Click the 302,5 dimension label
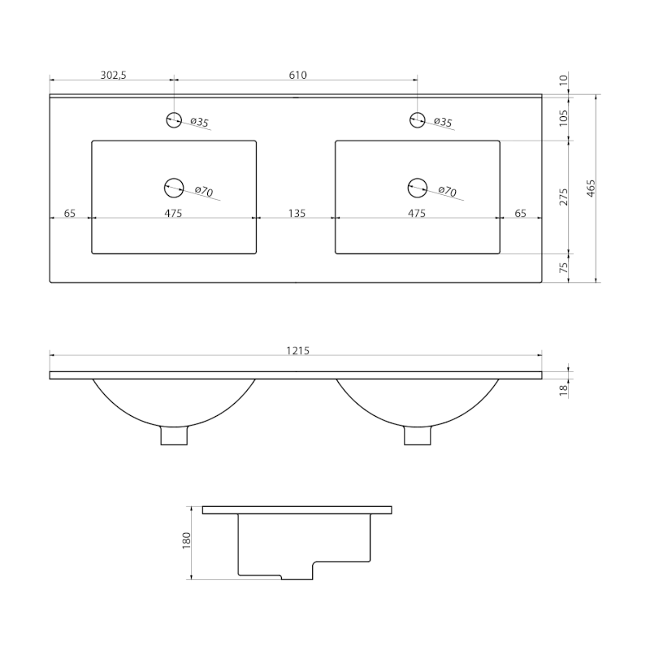pyautogui.click(x=113, y=75)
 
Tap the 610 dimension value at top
pyautogui.click(x=297, y=75)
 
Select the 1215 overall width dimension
pyautogui.click(x=297, y=351)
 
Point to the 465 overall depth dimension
pyautogui.click(x=591, y=188)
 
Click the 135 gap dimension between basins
pyautogui.click(x=297, y=213)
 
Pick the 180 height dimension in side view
pyautogui.click(x=186, y=540)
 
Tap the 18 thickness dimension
pyautogui.click(x=563, y=391)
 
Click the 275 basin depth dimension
pyautogui.click(x=563, y=197)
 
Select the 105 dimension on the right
pyautogui.click(x=563, y=118)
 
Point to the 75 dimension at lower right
pyautogui.click(x=563, y=267)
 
